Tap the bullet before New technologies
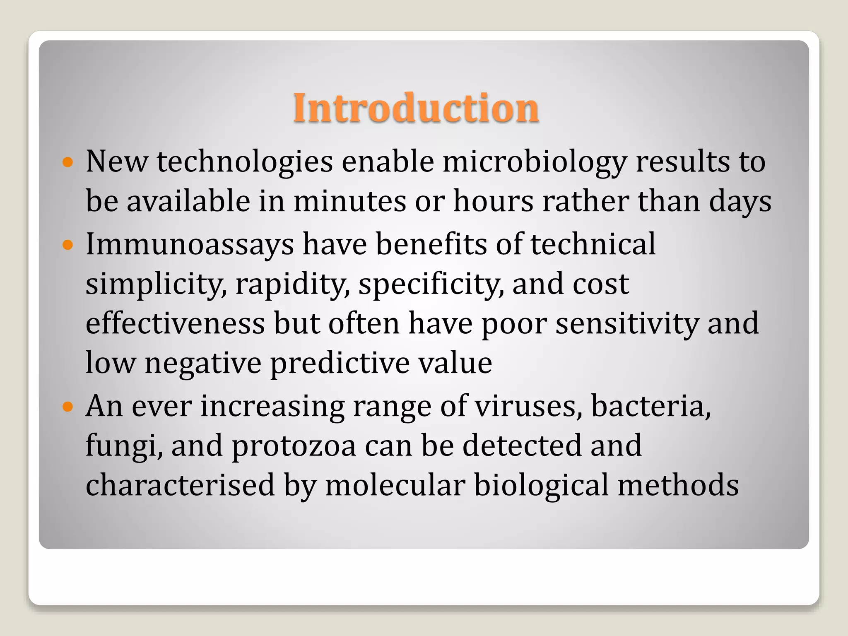tap(67, 162)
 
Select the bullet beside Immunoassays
tap(67, 245)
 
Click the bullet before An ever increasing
tap(67, 407)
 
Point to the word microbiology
tap(535, 162)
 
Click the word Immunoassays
tap(190, 245)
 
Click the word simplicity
tap(156, 285)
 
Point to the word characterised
tap(180, 485)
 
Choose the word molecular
tap(395, 485)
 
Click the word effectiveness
tap(175, 324)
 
